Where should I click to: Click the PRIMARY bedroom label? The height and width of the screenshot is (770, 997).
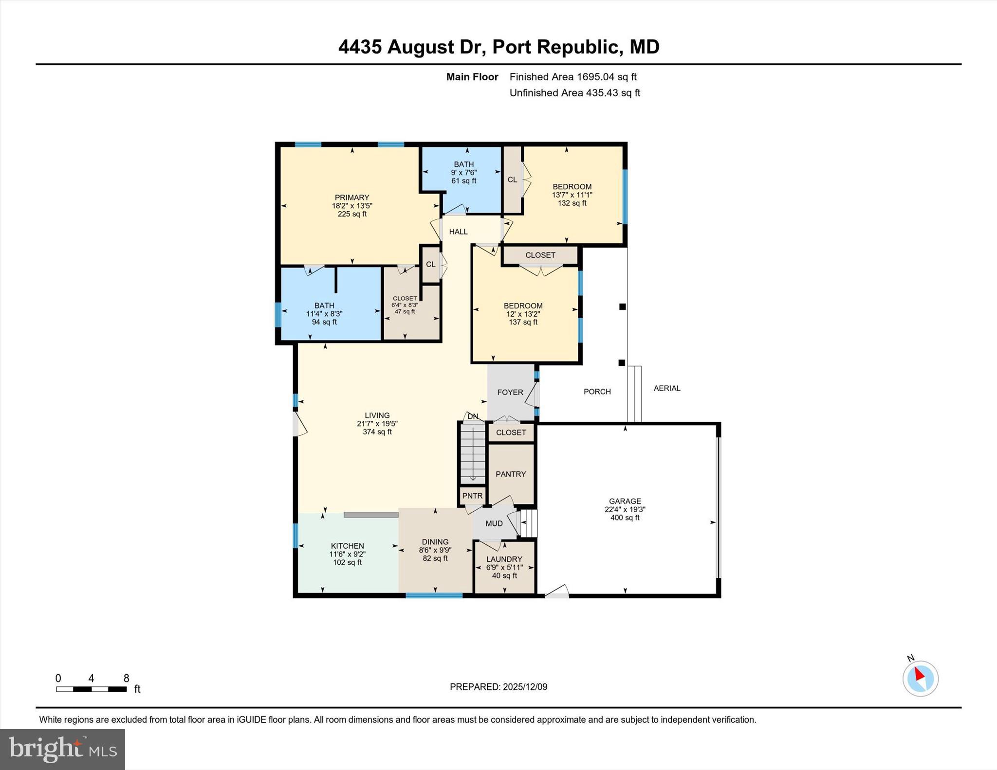pos(351,197)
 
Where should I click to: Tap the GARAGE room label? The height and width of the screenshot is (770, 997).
pos(625,501)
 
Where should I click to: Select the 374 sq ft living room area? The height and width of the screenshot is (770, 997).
pos(377,432)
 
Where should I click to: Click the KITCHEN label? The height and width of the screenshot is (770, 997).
pos(347,546)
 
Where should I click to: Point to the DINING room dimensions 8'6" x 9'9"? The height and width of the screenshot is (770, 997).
pos(435,550)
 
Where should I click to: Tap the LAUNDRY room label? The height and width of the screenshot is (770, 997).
pos(504,559)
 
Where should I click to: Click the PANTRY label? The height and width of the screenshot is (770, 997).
pos(511,474)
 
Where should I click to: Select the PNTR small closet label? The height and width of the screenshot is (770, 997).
pos(472,496)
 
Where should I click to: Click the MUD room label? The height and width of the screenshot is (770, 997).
pos(494,523)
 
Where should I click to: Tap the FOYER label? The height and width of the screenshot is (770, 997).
pos(510,392)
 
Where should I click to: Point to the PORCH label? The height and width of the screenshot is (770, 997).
pos(597,392)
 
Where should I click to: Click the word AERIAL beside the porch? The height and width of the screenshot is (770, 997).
pos(666,388)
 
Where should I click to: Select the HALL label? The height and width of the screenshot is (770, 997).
pos(458,232)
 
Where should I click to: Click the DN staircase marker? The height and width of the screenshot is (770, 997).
pos(473,416)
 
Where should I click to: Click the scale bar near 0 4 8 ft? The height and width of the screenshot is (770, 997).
pos(91,689)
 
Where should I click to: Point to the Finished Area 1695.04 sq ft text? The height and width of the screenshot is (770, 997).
pos(572,77)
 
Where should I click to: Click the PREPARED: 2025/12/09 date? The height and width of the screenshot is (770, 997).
pos(498,687)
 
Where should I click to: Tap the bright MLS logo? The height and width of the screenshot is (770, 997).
pos(62,750)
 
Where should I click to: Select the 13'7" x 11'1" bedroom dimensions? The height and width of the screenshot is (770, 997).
pos(572,195)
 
